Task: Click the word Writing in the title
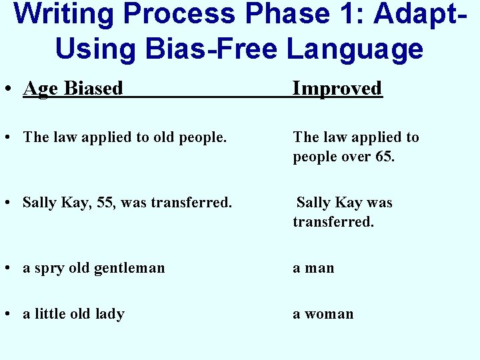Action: (x=63, y=15)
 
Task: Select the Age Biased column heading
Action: (x=73, y=88)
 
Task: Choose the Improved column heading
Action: (x=337, y=88)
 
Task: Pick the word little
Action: (x=52, y=314)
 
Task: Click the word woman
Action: (x=329, y=314)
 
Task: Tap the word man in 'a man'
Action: (x=320, y=268)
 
